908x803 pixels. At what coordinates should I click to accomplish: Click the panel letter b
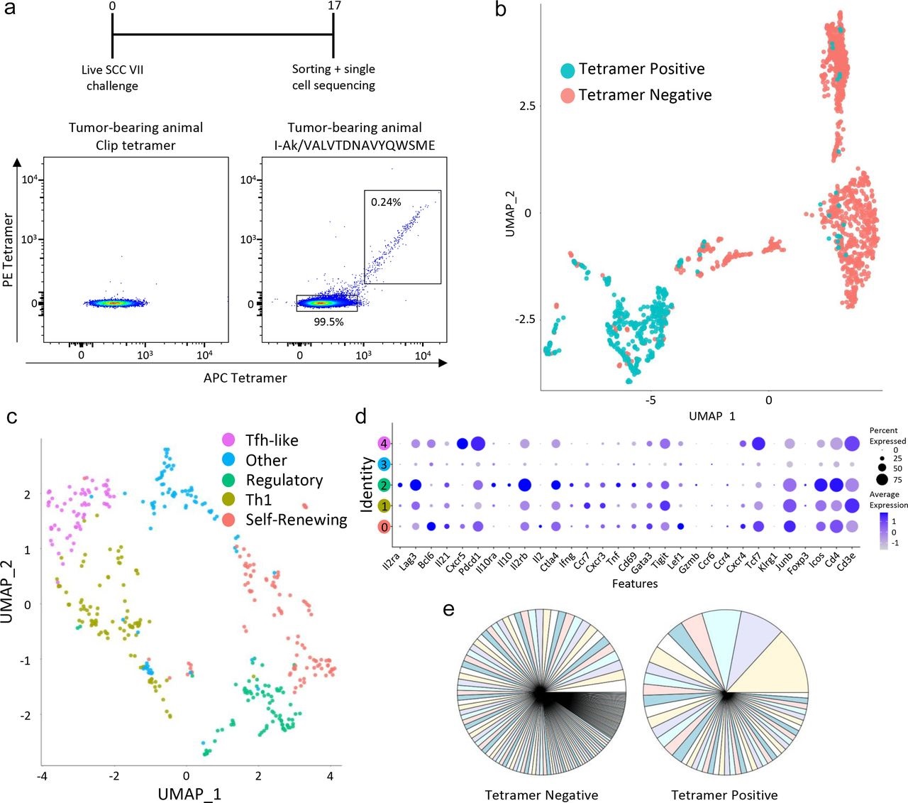tap(501, 10)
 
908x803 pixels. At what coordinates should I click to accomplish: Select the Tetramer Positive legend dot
tap(567, 70)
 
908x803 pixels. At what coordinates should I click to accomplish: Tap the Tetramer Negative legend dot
tap(567, 96)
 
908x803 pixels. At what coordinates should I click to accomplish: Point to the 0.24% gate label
tap(386, 202)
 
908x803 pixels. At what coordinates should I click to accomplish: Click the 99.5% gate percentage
tap(328, 322)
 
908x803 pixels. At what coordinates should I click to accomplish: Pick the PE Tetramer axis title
tap(9, 251)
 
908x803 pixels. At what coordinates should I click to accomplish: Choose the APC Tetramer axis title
tap(245, 378)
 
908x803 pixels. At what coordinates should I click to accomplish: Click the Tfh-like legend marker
tap(228, 440)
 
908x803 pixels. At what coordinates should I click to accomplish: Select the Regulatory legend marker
tap(228, 480)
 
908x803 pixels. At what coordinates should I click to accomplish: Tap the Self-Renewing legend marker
tap(228, 520)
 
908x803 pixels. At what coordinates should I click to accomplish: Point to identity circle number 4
tap(384, 444)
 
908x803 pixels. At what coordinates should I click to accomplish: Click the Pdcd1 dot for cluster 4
tap(477, 444)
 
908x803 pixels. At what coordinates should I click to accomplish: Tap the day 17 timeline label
tap(334, 6)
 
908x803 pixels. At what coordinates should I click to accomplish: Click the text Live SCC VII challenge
tap(112, 77)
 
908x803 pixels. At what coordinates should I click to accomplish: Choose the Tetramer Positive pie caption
tap(724, 795)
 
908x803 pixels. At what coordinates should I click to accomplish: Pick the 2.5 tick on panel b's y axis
tap(526, 106)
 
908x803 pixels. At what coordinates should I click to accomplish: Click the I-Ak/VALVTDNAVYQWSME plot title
tap(354, 145)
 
